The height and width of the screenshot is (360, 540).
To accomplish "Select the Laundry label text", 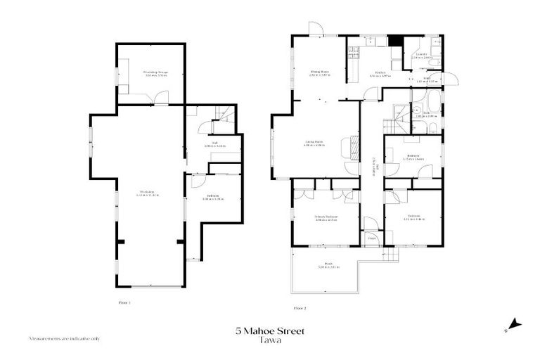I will (421, 55).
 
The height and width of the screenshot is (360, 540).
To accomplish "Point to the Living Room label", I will (314, 143).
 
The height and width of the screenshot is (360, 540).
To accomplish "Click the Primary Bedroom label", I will (326, 219).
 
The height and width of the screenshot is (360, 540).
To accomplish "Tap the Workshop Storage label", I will (155, 73).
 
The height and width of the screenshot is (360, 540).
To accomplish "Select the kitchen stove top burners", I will (352, 51).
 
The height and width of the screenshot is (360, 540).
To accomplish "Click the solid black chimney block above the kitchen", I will (396, 41).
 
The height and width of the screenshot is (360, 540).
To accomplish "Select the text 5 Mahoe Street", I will (270, 330).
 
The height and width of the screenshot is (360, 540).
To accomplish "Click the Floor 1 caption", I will (124, 302).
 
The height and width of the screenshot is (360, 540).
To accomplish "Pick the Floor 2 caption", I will (300, 307).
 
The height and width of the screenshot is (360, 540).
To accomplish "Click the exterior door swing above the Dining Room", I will (316, 29).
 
